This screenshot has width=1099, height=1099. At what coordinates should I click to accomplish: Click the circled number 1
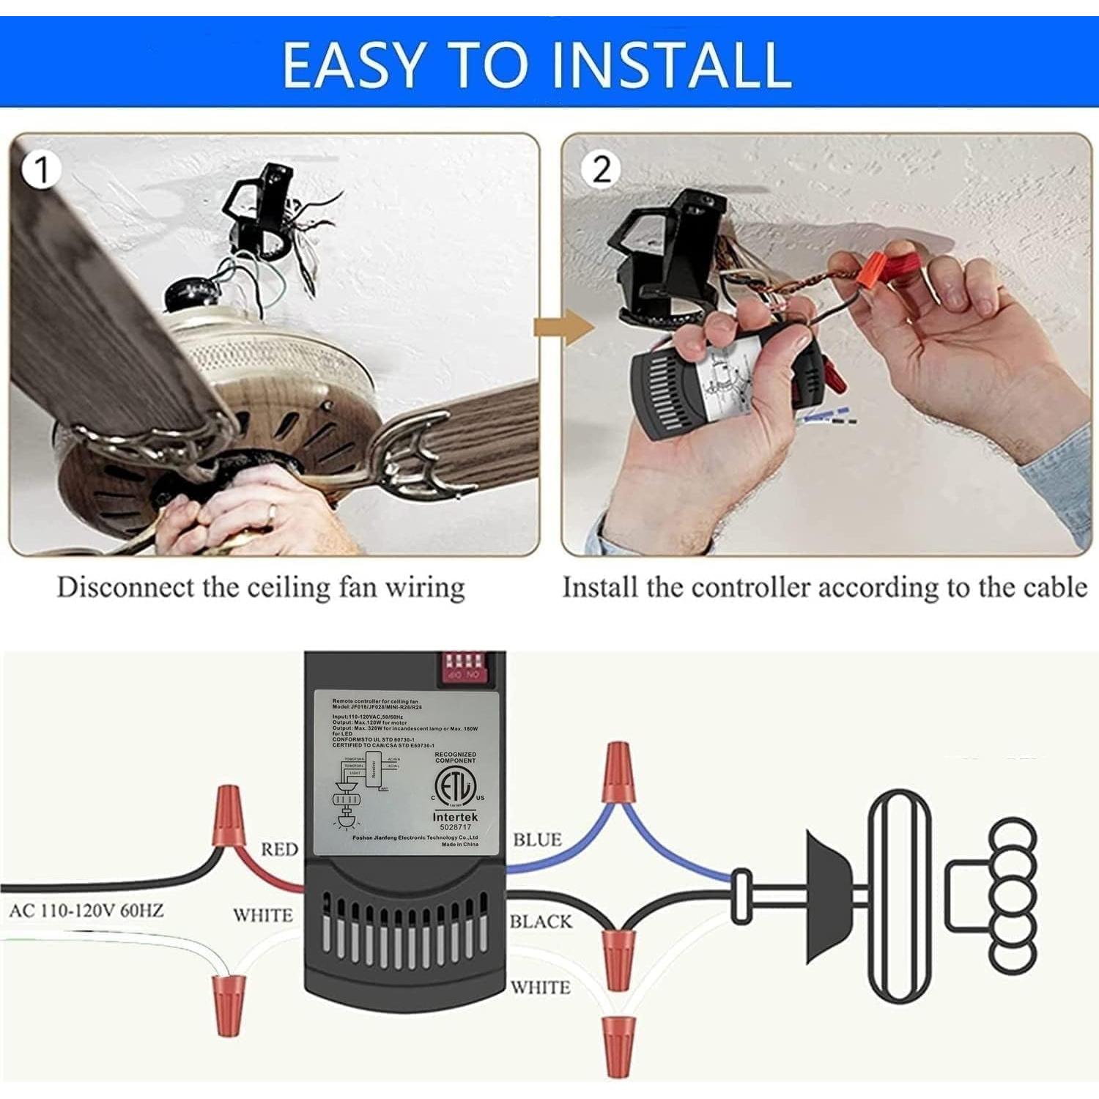point(41,170)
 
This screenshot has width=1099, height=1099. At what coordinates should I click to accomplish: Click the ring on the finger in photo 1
point(271,512)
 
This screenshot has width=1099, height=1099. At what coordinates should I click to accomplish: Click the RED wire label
point(280,849)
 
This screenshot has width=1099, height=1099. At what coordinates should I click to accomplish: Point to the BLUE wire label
point(537,840)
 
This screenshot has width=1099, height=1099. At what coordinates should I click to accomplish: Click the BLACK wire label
point(541,921)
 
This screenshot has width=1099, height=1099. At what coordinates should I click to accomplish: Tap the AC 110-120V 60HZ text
point(86,911)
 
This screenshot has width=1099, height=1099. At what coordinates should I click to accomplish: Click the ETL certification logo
point(456,789)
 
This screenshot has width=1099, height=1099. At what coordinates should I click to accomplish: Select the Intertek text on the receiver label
point(455,816)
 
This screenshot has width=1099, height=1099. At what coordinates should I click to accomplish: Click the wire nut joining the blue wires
point(617,773)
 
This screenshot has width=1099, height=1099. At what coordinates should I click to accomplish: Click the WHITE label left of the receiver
point(262,915)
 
